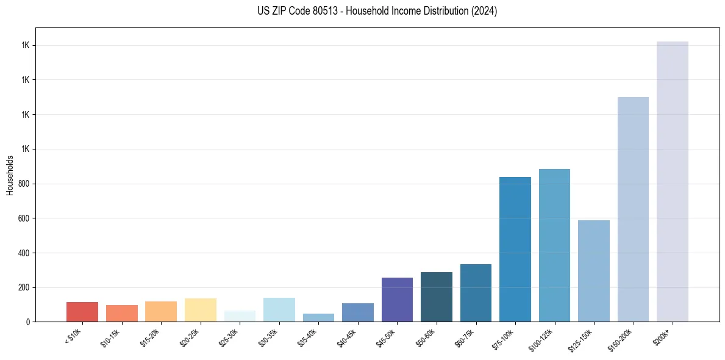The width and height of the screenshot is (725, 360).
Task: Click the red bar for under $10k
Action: click(82, 312)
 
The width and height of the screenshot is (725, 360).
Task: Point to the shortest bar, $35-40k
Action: click(318, 317)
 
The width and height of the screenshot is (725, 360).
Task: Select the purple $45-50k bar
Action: click(397, 300)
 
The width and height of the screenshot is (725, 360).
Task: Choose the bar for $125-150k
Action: click(594, 271)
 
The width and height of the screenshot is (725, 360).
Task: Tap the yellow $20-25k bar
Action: click(201, 310)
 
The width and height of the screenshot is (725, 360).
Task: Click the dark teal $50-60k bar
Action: click(437, 297)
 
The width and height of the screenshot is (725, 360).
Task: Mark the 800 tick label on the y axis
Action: click(24, 184)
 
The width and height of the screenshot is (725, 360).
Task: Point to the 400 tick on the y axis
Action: click(24, 253)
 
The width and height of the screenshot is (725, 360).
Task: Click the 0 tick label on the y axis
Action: click(28, 322)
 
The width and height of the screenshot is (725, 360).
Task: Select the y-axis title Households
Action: click(10, 175)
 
